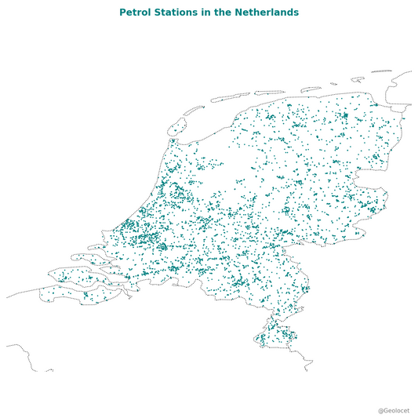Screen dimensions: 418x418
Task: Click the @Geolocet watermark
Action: (x=394, y=410)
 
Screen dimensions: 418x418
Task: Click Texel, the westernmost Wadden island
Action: (x=176, y=125)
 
